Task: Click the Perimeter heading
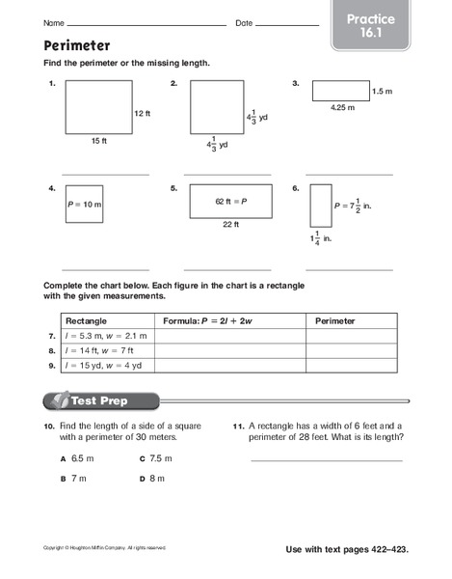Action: click(x=76, y=44)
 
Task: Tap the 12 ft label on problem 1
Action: click(x=143, y=113)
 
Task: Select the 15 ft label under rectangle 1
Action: click(x=98, y=141)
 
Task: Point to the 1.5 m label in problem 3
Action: click(x=383, y=91)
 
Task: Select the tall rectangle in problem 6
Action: click(x=321, y=205)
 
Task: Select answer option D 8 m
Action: click(x=152, y=478)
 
